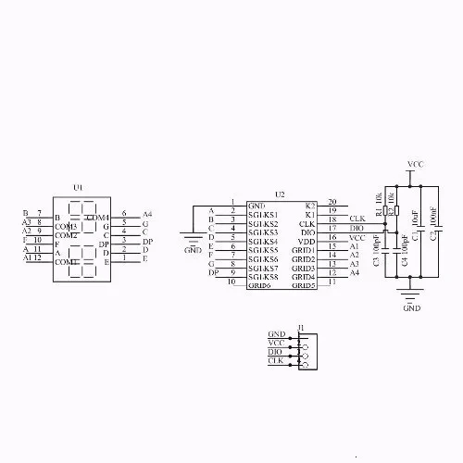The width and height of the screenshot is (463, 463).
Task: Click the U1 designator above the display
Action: coord(79,187)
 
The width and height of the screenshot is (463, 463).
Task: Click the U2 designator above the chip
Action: coord(281,194)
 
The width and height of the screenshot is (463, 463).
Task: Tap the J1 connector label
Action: coord(301,326)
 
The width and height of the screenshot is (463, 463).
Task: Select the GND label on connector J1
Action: coord(276,333)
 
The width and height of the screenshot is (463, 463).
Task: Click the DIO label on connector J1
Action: coord(276,352)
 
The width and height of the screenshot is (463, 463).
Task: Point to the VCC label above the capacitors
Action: coord(416,164)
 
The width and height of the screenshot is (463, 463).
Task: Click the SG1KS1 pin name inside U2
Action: coord(263,214)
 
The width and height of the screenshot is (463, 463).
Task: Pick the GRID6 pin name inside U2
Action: coord(259,285)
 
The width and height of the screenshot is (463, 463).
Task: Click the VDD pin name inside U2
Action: coord(307,240)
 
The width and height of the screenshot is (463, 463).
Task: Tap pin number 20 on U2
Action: coord(332,201)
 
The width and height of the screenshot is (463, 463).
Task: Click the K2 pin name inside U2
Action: coord(310,205)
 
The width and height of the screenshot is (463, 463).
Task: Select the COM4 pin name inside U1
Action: coord(98,217)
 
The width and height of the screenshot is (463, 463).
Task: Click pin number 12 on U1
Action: coord(37,257)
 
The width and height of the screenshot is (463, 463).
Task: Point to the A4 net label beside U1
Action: coord(146,214)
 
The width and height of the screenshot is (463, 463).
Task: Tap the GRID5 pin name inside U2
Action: coord(305,285)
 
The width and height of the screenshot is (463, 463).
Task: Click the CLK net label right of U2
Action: coord(357,219)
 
